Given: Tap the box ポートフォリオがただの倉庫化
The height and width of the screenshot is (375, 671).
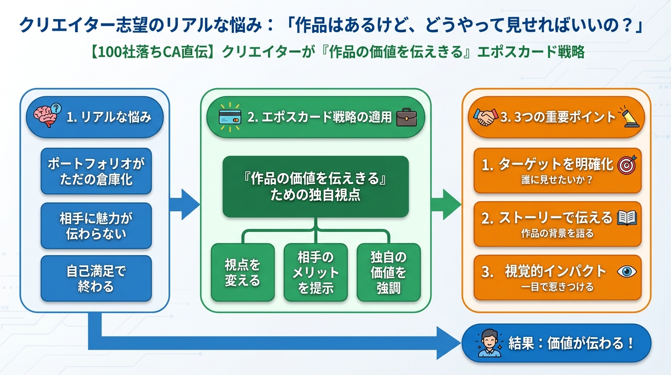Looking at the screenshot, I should [96, 171].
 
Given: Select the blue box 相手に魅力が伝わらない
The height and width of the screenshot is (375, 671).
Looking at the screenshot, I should [96, 226].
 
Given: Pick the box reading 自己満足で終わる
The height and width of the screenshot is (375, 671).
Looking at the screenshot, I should [96, 278].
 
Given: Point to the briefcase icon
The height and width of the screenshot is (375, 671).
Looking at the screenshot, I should [406, 117].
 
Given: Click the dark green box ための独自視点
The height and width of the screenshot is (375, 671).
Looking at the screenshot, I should [316, 187].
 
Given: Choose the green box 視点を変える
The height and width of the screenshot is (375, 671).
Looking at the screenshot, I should [242, 272].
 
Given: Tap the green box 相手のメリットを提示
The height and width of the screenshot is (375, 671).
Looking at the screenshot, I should [316, 272].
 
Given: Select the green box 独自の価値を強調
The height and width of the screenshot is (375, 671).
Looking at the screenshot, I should [389, 272].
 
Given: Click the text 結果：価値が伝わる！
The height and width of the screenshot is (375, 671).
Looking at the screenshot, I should [571, 343].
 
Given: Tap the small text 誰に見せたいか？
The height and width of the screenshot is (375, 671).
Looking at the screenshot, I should [556, 180].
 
